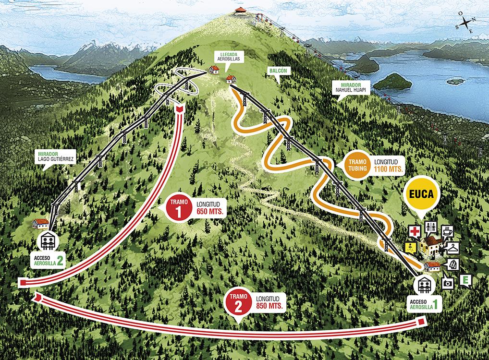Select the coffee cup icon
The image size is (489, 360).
coord(448,231)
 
